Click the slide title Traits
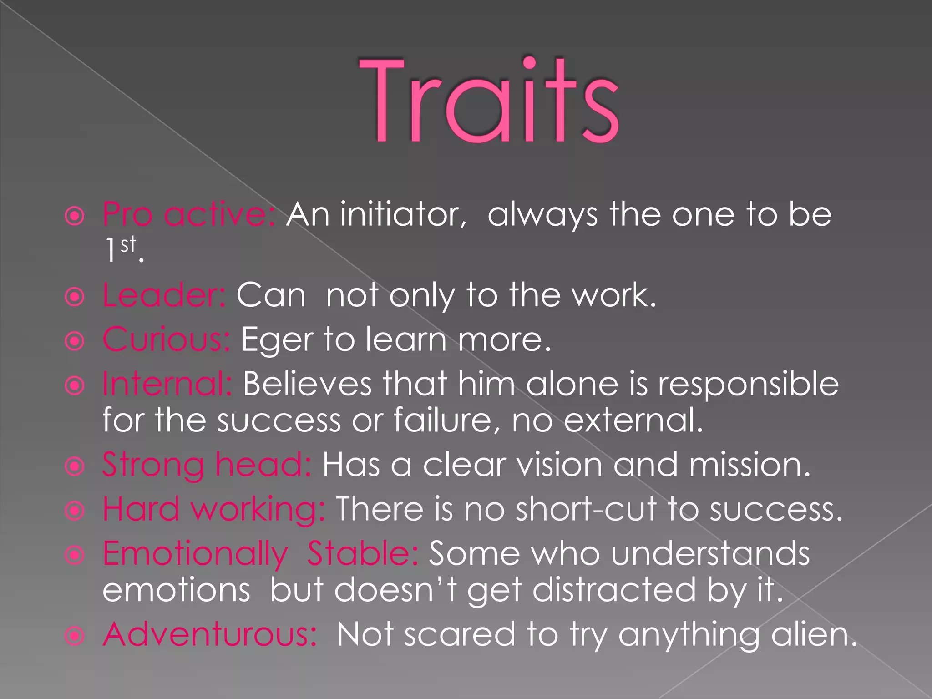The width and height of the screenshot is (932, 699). click(489, 100)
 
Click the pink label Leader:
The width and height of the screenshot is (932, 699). click(164, 295)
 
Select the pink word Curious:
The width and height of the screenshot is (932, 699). click(167, 339)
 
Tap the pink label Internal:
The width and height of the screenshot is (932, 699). click(167, 384)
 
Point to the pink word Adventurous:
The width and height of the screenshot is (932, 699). click(210, 634)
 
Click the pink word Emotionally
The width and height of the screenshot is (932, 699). click(195, 554)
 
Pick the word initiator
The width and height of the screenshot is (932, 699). click(403, 214)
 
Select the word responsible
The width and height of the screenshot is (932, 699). click(748, 384)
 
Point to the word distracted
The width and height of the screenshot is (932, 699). click(614, 590)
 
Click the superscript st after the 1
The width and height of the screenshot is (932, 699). click(128, 245)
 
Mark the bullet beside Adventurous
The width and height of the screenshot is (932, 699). click(75, 636)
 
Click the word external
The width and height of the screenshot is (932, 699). click(633, 420)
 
